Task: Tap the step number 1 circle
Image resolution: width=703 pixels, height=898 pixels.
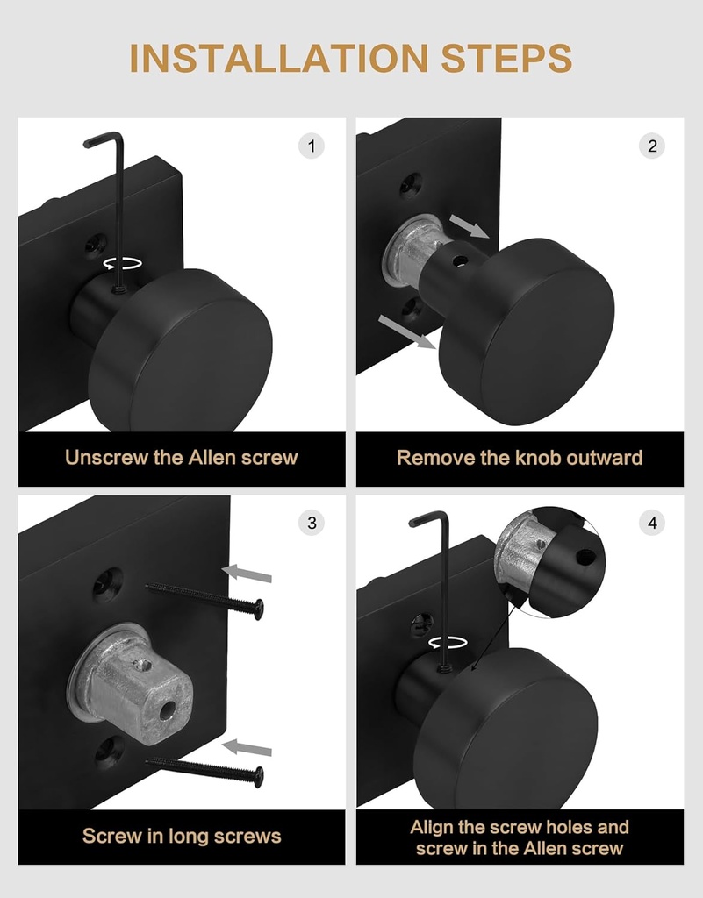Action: pyautogui.click(x=311, y=146)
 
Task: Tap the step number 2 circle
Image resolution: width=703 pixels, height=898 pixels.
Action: pyautogui.click(x=651, y=146)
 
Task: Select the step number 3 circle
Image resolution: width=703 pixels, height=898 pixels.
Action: pyautogui.click(x=311, y=524)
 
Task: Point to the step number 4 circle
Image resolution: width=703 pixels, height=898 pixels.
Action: pyautogui.click(x=651, y=524)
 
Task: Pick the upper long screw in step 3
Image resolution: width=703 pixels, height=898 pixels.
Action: pyautogui.click(x=205, y=598)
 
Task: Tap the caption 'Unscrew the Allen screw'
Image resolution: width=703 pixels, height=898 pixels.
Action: pyautogui.click(x=182, y=458)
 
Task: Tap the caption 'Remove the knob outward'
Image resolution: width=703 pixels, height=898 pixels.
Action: pyautogui.click(x=520, y=458)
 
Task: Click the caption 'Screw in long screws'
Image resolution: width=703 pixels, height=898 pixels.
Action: pyautogui.click(x=182, y=836)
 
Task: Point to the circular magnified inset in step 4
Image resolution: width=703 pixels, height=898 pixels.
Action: pyautogui.click(x=549, y=558)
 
